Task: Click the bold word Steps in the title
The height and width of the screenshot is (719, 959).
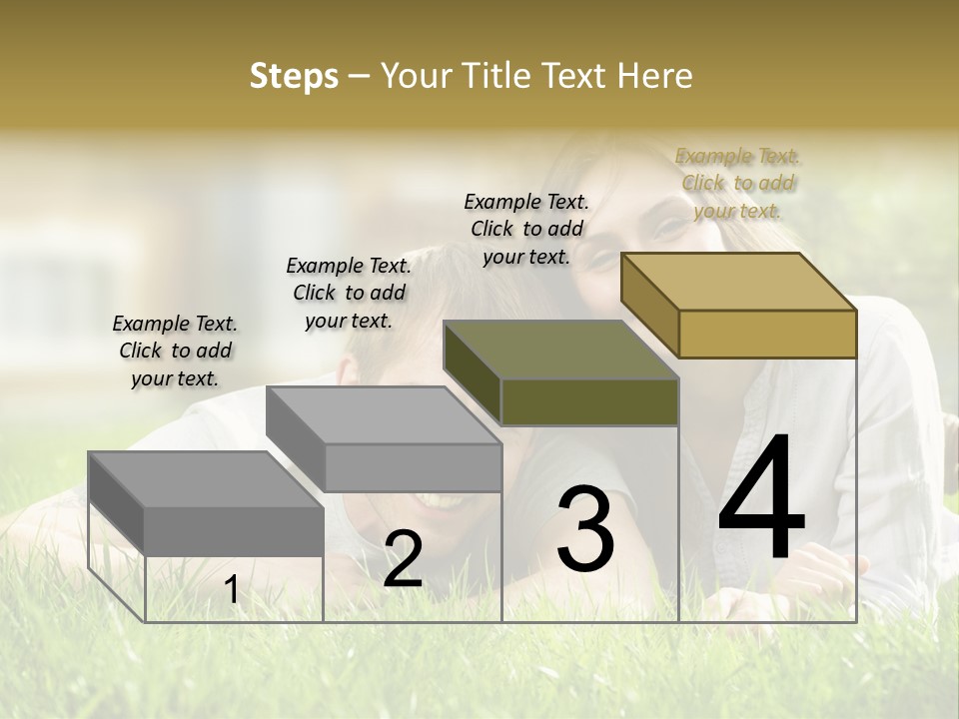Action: coord(294,76)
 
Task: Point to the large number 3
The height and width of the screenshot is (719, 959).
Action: coord(585,528)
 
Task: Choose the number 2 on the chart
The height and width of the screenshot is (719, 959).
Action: coord(403,559)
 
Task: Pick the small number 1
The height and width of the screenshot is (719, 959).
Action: coord(232,590)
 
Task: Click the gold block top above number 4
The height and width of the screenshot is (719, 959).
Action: coord(739,281)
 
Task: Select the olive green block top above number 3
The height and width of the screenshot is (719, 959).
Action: coord(561,350)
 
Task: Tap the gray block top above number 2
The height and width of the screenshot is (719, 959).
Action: coord(384,414)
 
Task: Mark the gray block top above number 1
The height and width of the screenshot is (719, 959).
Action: coord(206,479)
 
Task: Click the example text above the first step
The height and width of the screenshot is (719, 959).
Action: coord(175,351)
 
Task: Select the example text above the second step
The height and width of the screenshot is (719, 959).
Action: coord(349,293)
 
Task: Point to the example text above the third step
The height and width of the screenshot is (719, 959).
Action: coord(526,229)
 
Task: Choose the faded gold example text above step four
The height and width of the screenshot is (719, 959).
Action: coord(737,183)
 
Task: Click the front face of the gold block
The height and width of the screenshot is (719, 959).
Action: coord(767,334)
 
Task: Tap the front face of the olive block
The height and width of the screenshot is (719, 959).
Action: coord(589,401)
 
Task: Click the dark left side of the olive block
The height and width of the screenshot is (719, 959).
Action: coord(472,371)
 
